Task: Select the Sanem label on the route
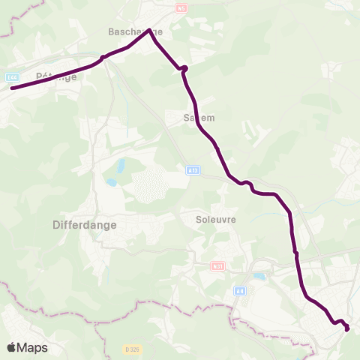click(x=199, y=118)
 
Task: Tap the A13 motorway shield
click(x=193, y=171)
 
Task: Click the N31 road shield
click(x=218, y=265)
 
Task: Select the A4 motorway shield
click(x=240, y=291)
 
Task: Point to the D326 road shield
click(x=133, y=349)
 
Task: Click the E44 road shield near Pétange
click(x=11, y=76)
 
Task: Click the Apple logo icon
click(x=12, y=347)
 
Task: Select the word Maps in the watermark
click(x=33, y=348)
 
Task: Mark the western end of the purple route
click(x=11, y=88)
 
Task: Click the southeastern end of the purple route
click(x=348, y=328)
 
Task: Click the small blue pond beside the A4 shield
click(x=259, y=276)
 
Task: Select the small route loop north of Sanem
click(x=183, y=69)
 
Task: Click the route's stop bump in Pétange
click(x=103, y=58)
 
